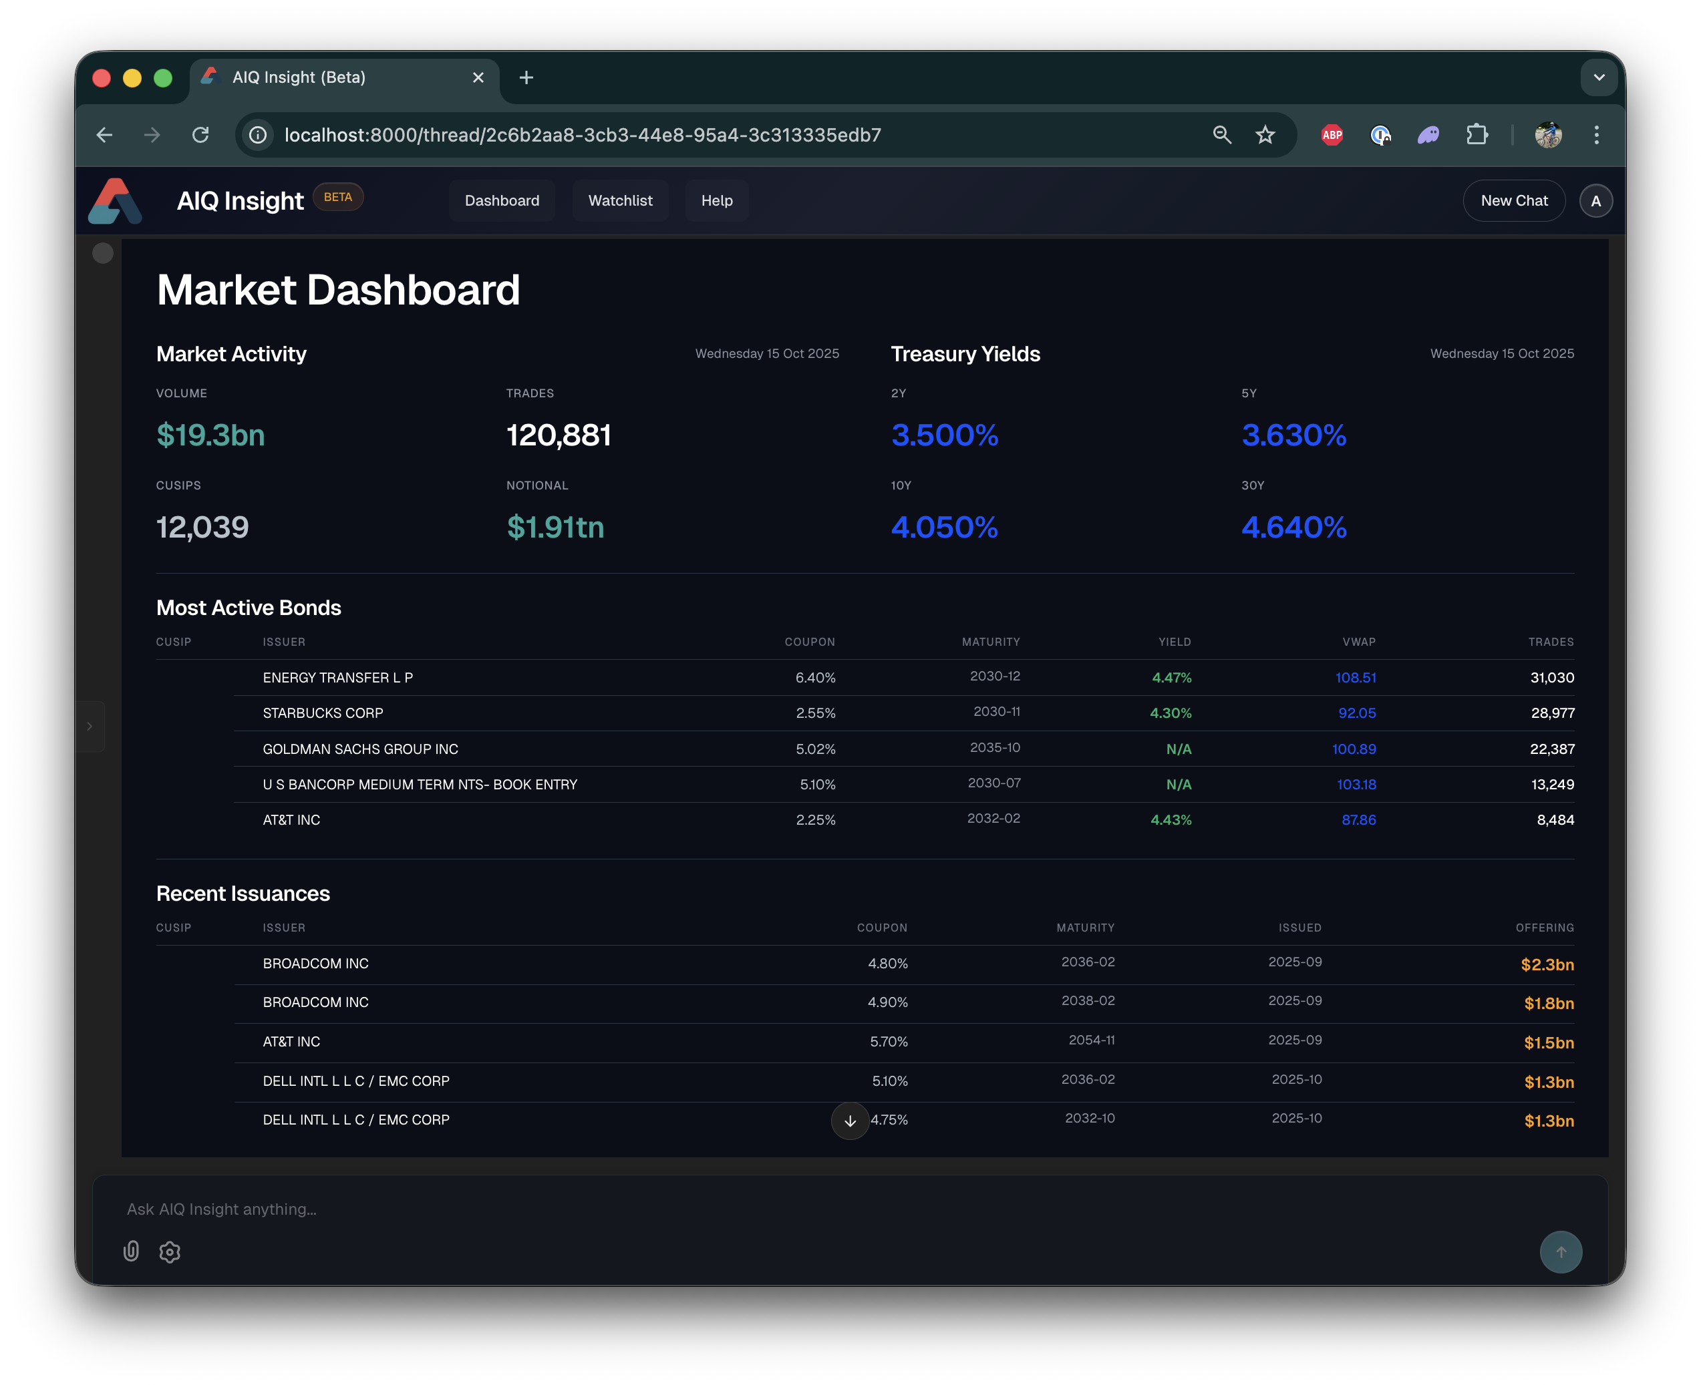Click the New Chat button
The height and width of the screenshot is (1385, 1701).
click(1513, 201)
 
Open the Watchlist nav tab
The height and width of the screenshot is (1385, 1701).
click(620, 201)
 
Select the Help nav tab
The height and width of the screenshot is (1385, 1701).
click(716, 201)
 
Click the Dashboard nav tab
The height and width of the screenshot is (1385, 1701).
click(501, 201)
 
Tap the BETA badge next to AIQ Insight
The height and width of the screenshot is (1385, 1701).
click(337, 197)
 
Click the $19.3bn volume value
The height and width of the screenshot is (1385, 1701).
click(210, 435)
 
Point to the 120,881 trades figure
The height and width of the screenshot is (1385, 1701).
click(558, 435)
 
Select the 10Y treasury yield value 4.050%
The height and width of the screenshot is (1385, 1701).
click(943, 528)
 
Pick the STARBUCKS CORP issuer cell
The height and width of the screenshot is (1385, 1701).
click(323, 713)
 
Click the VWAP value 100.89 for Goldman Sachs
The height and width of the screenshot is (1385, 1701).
click(1353, 749)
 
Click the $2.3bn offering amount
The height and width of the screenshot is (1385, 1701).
click(1546, 964)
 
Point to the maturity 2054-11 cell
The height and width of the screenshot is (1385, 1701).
click(1090, 1040)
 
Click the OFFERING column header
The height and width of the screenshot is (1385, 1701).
click(1544, 928)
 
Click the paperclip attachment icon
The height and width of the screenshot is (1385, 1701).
click(131, 1251)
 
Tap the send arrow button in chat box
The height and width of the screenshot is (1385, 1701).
click(1560, 1251)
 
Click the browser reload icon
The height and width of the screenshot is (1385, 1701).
click(200, 135)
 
